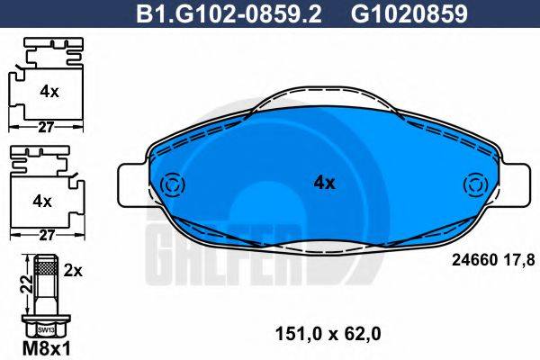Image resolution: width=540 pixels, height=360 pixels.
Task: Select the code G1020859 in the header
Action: (396, 13)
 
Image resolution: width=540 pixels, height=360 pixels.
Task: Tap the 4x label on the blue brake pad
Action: (324, 183)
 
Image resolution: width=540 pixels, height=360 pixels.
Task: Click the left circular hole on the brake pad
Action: (168, 186)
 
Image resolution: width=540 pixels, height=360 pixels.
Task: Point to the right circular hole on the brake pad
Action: (473, 187)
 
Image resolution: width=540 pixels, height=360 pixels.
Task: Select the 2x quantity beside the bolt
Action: (74, 269)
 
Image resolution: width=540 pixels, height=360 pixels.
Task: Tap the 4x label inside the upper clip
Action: (49, 91)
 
